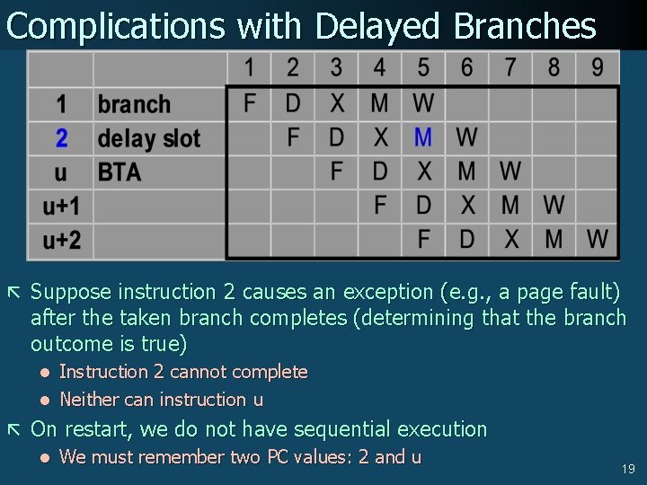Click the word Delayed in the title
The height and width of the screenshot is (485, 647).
coord(377,26)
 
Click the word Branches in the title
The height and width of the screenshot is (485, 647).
coord(525,26)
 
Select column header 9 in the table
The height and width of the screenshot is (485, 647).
coord(598,66)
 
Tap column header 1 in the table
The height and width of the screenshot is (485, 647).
coord(249,66)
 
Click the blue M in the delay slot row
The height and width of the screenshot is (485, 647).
coord(423,137)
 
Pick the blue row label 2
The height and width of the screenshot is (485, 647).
coord(61,138)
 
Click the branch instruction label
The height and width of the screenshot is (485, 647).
coord(134,104)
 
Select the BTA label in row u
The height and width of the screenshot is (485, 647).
coord(119,172)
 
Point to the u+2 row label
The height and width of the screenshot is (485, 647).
coord(61,240)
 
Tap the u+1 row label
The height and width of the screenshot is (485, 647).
coord(61,207)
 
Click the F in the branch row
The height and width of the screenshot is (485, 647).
coord(250,103)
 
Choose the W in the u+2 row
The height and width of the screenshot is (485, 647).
coord(598,240)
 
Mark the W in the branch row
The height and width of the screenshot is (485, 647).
coord(423,103)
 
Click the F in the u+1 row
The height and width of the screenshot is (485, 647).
coord(380,206)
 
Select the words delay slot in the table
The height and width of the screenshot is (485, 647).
coord(148,138)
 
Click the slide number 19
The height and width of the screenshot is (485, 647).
coord(627,469)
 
